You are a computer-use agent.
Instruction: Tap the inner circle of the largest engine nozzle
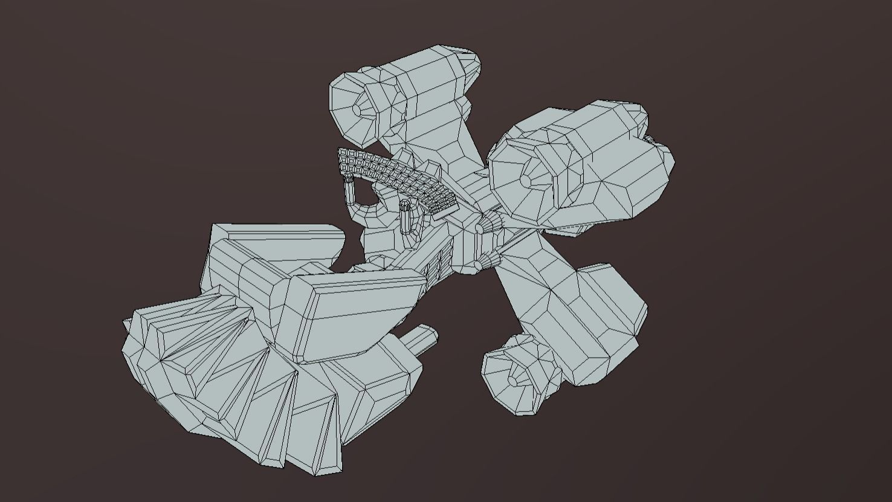525,180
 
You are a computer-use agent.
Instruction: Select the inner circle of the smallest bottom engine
512,381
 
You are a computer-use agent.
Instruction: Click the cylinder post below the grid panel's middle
406,218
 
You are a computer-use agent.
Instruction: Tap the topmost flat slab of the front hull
275,231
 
